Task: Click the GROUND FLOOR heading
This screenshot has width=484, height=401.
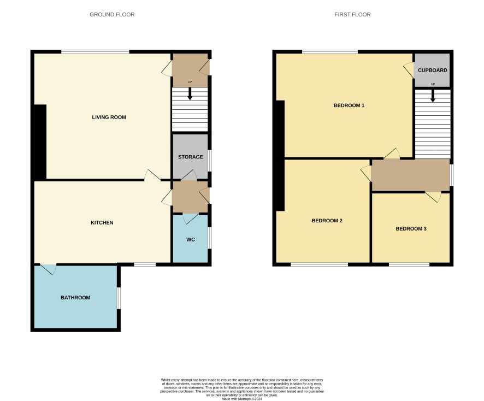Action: [x=112, y=15]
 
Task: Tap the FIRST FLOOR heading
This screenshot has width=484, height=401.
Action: [x=352, y=15]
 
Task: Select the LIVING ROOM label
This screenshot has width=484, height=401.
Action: [x=109, y=117]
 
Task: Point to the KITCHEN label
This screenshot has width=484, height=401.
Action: [x=102, y=222]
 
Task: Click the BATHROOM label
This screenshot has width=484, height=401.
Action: [x=75, y=298]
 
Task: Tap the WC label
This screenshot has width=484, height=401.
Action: [x=191, y=239]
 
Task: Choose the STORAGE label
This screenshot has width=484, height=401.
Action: [x=191, y=157]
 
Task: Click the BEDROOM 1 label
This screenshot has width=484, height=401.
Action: [x=349, y=105]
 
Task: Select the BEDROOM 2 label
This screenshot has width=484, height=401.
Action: [x=327, y=221]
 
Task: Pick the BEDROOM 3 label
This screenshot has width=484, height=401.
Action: [x=411, y=229]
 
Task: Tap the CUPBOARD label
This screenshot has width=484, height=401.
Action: [x=433, y=70]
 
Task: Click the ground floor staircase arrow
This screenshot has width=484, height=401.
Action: [x=190, y=93]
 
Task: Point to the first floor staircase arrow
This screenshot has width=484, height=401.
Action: [x=433, y=96]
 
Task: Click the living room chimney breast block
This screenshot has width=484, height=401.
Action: [x=40, y=142]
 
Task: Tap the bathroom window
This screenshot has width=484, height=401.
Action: [x=119, y=298]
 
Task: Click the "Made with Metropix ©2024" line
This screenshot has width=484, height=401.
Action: [x=242, y=399]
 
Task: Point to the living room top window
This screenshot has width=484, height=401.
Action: [x=95, y=51]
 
